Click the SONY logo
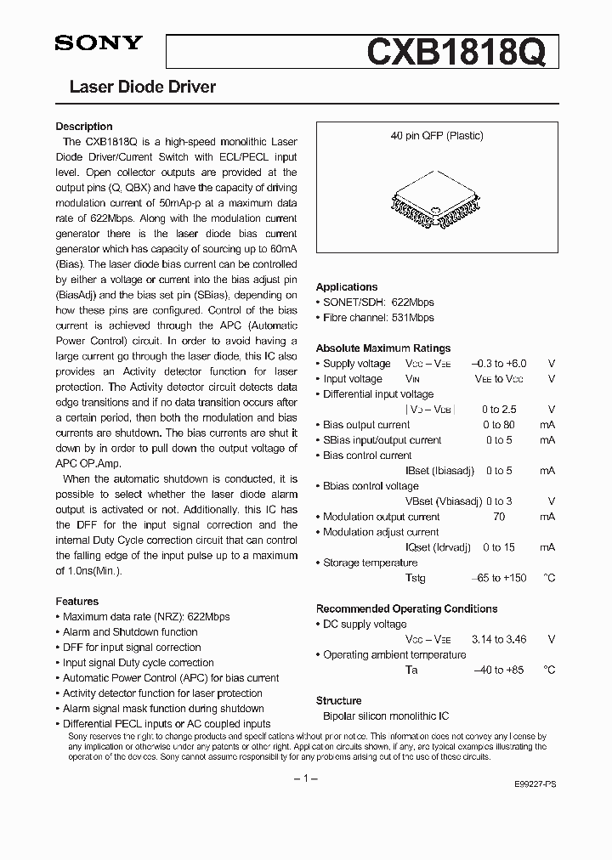tap(99, 44)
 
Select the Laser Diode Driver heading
tap(142, 87)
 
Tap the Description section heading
tap(84, 127)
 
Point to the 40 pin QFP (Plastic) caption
tap(437, 136)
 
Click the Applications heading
tap(347, 287)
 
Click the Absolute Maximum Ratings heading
tap(383, 348)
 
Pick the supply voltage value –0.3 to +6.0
tap(499, 364)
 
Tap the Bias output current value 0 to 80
tap(499, 425)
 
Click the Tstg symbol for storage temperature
tap(416, 578)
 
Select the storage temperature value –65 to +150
tap(499, 578)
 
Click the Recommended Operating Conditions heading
tap(406, 608)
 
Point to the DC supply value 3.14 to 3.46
tap(499, 639)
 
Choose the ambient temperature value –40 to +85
tap(499, 670)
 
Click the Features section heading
tap(77, 601)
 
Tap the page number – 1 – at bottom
tap(305, 778)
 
